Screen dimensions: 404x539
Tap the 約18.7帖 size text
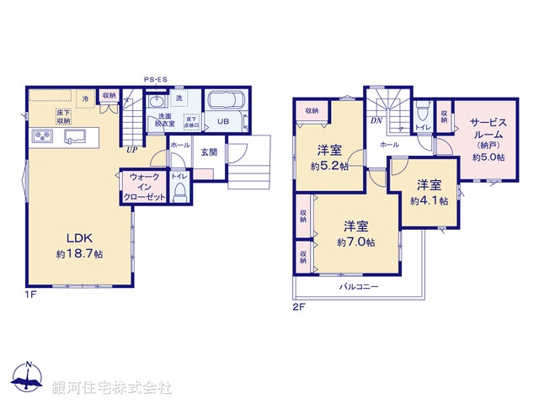click(x=79, y=252)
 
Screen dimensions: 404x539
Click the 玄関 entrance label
click(x=209, y=152)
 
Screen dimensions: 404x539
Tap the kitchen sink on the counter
click(x=72, y=136)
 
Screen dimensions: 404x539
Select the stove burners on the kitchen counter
click(x=42, y=136)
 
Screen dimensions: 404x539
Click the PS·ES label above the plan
click(x=155, y=80)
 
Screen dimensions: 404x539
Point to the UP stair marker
click(x=132, y=151)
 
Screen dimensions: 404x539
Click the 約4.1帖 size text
click(x=429, y=201)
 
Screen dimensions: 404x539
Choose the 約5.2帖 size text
click(x=329, y=166)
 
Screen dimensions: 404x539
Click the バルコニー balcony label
click(x=359, y=287)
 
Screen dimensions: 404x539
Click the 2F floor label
click(x=298, y=306)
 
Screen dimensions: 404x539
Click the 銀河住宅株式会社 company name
click(x=112, y=387)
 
